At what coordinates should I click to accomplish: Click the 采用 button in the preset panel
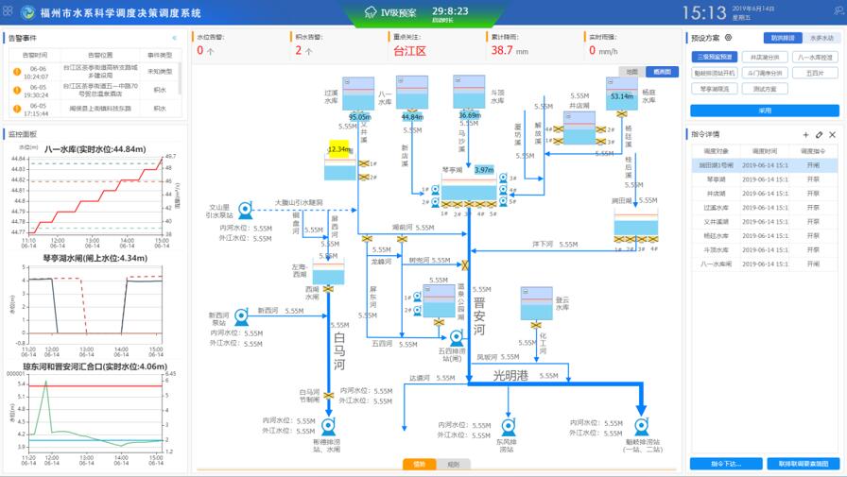(765, 111)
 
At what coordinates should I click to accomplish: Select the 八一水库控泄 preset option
(815, 58)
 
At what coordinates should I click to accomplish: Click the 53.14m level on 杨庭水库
(621, 96)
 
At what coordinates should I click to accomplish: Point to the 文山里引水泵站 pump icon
(245, 210)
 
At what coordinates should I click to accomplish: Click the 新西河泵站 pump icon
(241, 314)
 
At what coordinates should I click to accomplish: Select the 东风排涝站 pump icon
(506, 426)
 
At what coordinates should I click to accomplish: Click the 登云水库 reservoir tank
(536, 303)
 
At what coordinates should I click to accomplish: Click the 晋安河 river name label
(478, 315)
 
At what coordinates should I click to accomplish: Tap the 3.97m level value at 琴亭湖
(484, 170)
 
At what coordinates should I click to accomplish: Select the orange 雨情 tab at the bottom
(420, 464)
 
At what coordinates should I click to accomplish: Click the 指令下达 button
(725, 464)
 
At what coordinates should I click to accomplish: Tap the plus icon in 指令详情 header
(805, 135)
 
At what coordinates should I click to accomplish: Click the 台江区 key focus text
(409, 50)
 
